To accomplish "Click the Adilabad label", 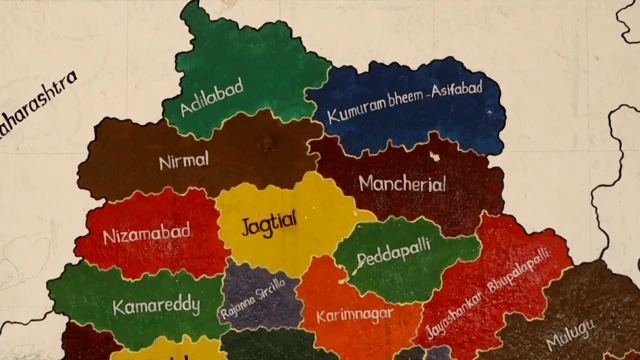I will (212, 97).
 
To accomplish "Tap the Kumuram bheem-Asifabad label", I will (404, 103).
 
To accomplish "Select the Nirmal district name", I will (184, 160).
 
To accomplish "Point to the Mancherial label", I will (402, 184).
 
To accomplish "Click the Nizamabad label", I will (147, 235).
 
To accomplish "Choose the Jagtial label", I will (269, 223).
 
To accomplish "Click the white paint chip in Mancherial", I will (433, 156).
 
